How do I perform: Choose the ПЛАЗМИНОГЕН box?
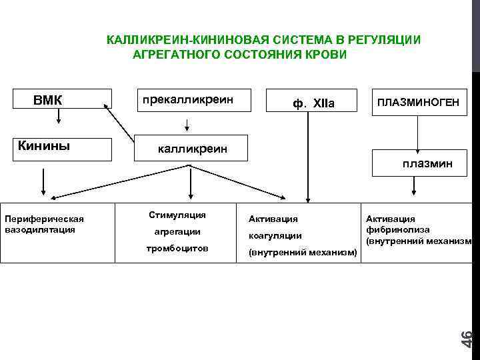418,103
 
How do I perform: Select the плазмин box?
426,163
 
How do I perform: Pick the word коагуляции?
275,235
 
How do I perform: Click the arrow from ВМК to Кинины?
59,117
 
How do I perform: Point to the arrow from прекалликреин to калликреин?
187,125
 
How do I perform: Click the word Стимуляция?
177,215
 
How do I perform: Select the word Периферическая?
44,219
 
